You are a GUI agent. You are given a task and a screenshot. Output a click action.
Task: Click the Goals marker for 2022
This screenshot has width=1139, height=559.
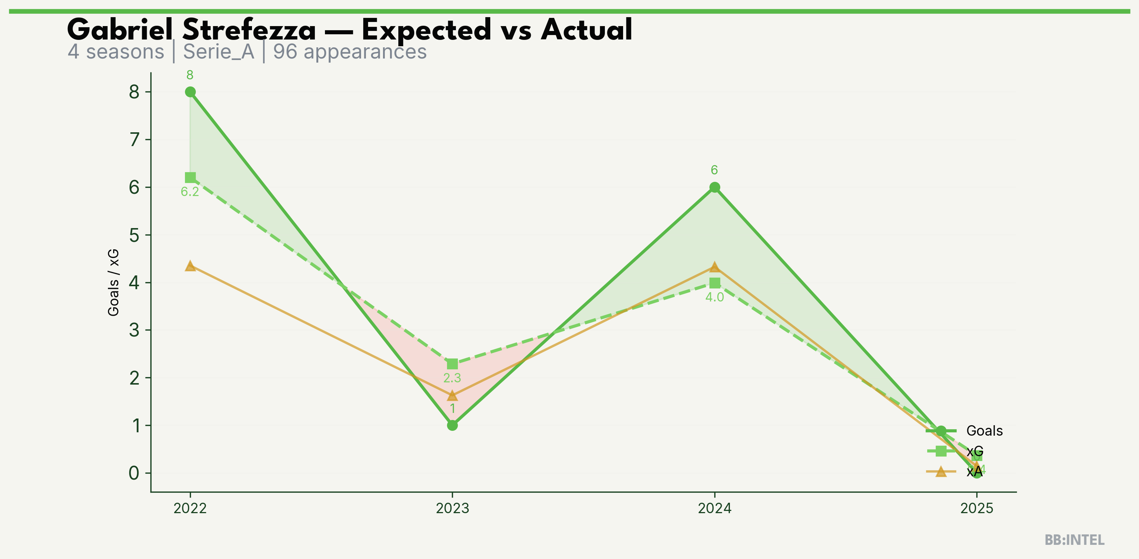click(190, 92)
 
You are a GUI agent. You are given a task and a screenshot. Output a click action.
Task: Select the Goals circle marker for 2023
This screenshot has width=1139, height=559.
click(452, 425)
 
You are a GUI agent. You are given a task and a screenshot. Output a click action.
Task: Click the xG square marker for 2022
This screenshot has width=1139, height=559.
click(190, 177)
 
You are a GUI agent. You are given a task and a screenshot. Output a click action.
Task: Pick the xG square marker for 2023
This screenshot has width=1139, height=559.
click(452, 364)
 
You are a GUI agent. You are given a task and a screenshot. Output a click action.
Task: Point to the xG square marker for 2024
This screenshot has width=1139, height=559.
click(715, 283)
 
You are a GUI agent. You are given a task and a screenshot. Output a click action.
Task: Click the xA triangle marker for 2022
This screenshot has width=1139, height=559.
click(190, 266)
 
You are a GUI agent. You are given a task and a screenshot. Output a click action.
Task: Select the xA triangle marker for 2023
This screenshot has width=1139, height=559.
click(452, 395)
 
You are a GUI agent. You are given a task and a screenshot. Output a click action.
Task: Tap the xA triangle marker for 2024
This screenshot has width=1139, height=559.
click(715, 267)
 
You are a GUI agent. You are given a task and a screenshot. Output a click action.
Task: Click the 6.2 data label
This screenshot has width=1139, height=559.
click(190, 192)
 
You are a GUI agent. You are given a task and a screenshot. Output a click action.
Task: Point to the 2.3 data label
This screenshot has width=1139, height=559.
click(452, 378)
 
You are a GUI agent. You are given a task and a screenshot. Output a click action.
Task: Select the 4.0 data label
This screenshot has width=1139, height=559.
click(715, 297)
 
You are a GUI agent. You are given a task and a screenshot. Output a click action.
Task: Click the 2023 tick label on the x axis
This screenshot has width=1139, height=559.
click(452, 508)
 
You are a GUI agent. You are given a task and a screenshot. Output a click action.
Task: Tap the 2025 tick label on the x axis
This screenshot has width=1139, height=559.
click(977, 508)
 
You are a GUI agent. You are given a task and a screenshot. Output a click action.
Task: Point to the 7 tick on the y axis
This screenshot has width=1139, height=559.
click(134, 140)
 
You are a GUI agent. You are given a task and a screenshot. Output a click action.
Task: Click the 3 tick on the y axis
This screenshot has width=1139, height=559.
click(134, 330)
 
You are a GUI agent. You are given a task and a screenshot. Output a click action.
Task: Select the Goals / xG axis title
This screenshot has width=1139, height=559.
click(114, 282)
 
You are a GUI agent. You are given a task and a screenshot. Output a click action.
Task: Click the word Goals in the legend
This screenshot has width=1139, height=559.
click(984, 431)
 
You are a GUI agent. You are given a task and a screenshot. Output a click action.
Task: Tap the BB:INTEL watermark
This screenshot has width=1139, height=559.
click(1075, 540)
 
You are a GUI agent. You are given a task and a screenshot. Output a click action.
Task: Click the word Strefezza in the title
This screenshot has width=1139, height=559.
click(249, 30)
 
